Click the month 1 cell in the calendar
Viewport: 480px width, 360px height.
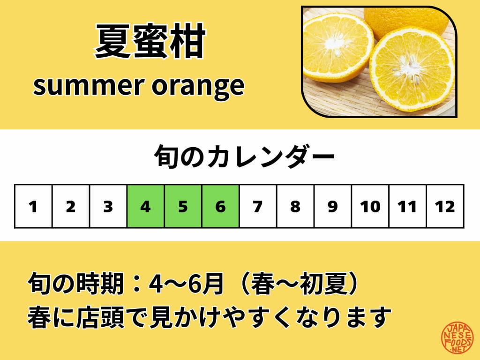click(33, 207)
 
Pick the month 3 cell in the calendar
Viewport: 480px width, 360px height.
click(108, 207)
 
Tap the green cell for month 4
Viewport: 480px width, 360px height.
click(146, 207)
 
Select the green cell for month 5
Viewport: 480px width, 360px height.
click(183, 207)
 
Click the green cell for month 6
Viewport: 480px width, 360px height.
click(221, 207)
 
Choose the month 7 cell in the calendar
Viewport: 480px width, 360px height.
click(258, 207)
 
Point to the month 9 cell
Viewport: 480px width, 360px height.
click(333, 207)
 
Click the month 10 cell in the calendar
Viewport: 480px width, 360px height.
click(370, 207)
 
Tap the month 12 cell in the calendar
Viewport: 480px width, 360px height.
click(445, 207)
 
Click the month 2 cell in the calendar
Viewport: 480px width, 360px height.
click(71, 207)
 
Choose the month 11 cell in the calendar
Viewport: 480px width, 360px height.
click(407, 207)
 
